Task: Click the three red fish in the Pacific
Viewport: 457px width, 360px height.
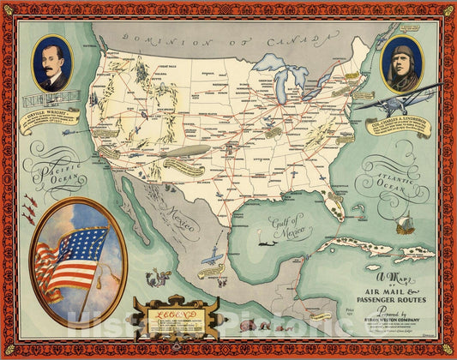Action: click(29, 205)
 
